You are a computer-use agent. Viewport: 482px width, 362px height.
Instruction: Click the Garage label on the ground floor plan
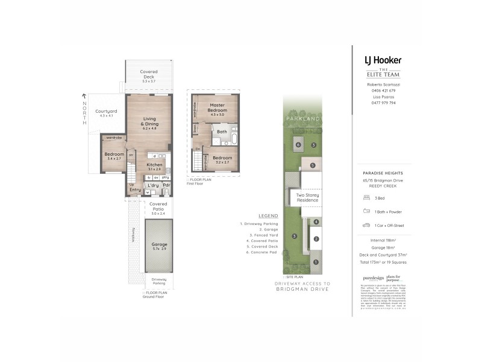(x=160, y=244)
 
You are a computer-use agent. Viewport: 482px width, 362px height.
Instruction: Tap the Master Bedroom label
(x=217, y=108)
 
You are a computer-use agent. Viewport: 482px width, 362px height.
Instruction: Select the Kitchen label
(x=154, y=165)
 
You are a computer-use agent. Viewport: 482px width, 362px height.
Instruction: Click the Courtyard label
(x=106, y=111)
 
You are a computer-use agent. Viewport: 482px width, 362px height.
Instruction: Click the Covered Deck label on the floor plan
(x=149, y=72)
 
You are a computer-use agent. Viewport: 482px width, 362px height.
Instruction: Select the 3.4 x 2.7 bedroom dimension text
(x=113, y=159)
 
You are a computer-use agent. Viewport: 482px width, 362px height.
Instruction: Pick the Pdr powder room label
(x=166, y=185)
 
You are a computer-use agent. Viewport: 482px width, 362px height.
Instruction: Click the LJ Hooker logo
(x=383, y=60)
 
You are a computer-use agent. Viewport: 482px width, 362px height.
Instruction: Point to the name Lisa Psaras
(x=383, y=97)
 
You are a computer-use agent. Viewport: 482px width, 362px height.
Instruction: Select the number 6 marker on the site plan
(x=298, y=145)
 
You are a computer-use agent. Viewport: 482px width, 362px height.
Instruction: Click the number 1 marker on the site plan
(x=315, y=262)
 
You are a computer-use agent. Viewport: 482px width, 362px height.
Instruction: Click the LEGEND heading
(x=268, y=215)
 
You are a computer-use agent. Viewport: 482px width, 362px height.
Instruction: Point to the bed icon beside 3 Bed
(x=366, y=197)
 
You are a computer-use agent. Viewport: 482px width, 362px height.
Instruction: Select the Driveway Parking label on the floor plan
(x=160, y=281)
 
